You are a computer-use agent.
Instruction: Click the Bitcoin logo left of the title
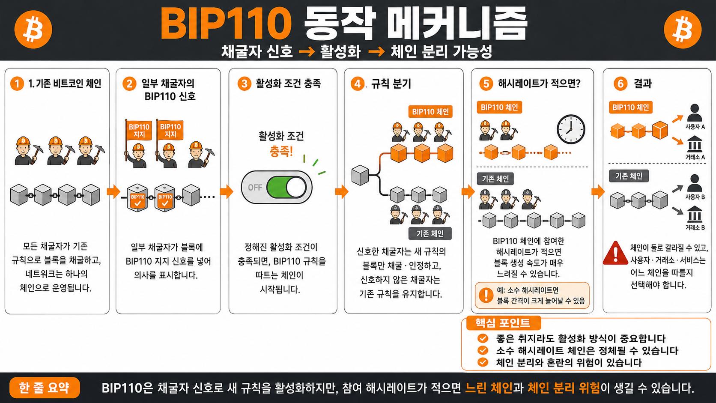coord(33,30)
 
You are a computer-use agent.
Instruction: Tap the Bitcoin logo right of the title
coord(683,30)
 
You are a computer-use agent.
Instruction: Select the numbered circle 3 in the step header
coord(244,84)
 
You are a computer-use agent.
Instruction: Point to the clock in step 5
coord(571,129)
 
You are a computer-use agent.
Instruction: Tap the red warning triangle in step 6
coord(615,254)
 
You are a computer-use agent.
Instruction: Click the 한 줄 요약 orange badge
coord(45,388)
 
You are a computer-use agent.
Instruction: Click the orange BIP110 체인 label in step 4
coord(430,111)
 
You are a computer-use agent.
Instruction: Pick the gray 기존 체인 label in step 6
coord(629,176)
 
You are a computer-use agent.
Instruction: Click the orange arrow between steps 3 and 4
coord(342,192)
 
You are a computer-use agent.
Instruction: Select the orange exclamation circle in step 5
coord(486,295)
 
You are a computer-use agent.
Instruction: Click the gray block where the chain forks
coord(360,175)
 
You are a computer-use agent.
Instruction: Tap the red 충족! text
coord(281,151)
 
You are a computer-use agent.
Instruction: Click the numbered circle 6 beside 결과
coord(621,84)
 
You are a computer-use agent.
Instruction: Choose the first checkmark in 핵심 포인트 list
coord(483,338)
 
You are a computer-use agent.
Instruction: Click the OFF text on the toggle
coord(255,188)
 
